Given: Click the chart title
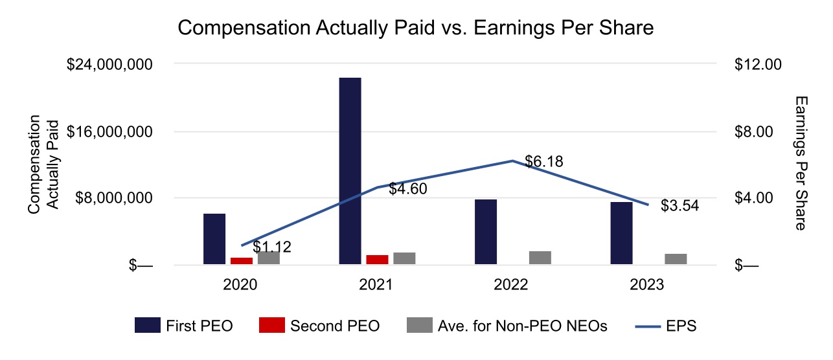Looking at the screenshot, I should [x=415, y=28].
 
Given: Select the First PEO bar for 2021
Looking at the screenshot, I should [x=350, y=171].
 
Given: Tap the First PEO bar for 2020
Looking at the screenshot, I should [x=214, y=239].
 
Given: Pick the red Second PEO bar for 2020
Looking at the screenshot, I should [x=242, y=261].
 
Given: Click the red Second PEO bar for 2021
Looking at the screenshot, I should [x=377, y=260].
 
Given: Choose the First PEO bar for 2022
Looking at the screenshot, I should [x=486, y=232].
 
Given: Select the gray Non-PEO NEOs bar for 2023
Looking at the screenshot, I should [x=676, y=259].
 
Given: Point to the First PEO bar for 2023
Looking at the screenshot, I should [x=621, y=233].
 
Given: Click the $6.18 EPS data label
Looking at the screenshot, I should [x=544, y=162].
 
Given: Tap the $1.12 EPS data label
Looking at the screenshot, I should [x=272, y=247].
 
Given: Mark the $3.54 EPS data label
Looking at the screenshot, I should [x=680, y=206].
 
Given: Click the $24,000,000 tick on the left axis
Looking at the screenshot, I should [x=110, y=65].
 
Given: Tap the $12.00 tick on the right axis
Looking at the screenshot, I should [x=759, y=65].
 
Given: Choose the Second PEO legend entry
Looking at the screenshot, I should [x=320, y=326].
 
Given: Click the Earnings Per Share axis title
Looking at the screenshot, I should [x=801, y=163].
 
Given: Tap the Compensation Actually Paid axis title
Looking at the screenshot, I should [x=43, y=163].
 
